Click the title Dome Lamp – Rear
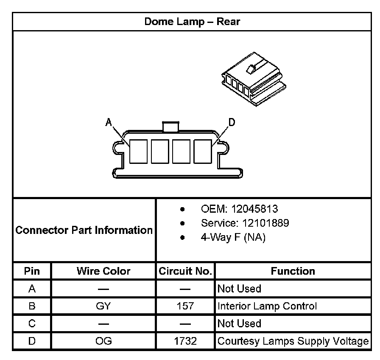[192, 22]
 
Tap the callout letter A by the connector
[109, 123]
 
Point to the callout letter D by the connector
[232, 123]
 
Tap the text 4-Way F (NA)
[233, 238]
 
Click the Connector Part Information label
[84, 231]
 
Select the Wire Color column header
[103, 271]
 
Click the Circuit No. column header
[185, 271]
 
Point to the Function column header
[293, 271]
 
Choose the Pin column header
[32, 271]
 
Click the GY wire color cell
[103, 306]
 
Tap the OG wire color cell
[103, 341]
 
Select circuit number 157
[185, 306]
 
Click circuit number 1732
[185, 341]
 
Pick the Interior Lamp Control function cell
[267, 306]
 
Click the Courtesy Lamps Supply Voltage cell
[293, 341]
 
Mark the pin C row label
[32, 323]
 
